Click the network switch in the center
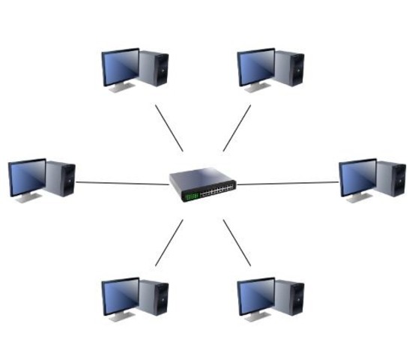coord(203,183)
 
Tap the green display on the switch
coord(191,196)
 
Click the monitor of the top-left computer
coord(121,67)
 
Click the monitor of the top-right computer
coord(256,67)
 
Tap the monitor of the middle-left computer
coord(27,177)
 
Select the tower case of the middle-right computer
coord(391,178)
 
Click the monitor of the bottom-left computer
coord(121,297)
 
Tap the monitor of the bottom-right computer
coord(256,297)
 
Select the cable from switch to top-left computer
coord(169,127)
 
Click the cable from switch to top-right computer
coord(237,127)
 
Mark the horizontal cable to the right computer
coord(288,182)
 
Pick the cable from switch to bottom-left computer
coord(169,242)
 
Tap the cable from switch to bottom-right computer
coord(237,242)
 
